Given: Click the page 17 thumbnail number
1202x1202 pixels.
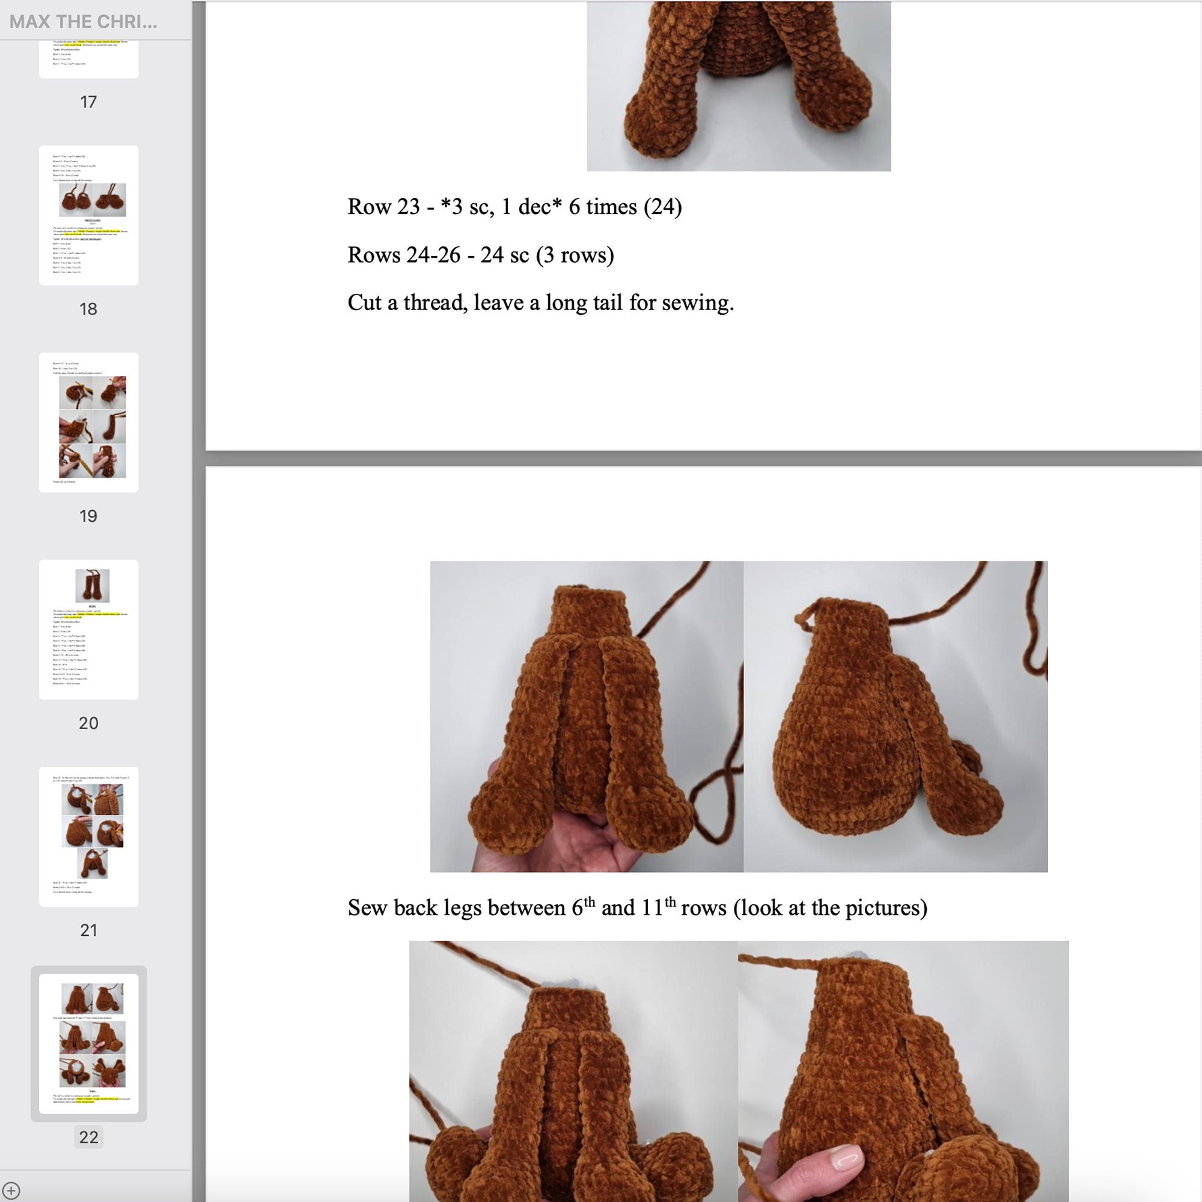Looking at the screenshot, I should point(88,102).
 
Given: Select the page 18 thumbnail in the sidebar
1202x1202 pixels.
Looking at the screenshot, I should point(88,215).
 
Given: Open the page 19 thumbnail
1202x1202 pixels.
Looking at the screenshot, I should point(88,423).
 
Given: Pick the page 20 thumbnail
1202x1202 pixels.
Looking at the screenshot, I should point(88,629).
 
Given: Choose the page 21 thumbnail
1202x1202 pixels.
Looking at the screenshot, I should point(88,836).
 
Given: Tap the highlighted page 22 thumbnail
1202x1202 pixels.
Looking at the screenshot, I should point(88,1043).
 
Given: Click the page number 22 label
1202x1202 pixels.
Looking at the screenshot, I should point(88,1137).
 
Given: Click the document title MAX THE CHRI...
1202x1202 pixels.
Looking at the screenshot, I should point(84,22).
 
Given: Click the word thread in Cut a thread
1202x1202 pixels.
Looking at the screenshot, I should point(435,303).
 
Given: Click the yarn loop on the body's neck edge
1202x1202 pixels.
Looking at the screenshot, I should point(802,620).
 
